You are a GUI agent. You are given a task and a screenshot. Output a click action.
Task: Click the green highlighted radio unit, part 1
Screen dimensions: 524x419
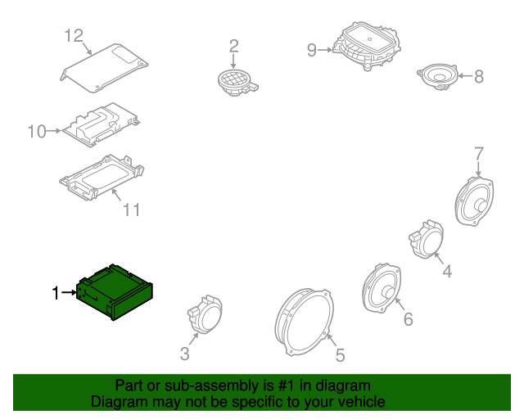[x=115, y=292]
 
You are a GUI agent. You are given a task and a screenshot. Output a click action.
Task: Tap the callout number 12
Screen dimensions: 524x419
[x=74, y=36]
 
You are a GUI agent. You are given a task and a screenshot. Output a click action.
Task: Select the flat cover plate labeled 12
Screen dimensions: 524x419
[x=104, y=68]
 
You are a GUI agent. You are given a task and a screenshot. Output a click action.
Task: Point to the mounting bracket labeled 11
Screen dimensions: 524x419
[x=102, y=178]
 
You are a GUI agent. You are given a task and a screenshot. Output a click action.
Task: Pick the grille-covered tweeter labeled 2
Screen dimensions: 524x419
[x=237, y=83]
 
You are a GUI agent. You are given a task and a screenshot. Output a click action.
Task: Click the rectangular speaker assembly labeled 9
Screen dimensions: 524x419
[x=367, y=46]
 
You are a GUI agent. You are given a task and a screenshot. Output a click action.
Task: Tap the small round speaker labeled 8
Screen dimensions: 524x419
[x=438, y=77]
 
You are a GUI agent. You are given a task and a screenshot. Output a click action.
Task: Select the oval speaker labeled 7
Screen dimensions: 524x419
[x=474, y=200]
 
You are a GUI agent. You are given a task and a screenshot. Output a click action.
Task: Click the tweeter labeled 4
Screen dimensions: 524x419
[x=427, y=239]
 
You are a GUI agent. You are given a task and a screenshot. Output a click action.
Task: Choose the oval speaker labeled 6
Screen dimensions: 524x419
[x=382, y=288]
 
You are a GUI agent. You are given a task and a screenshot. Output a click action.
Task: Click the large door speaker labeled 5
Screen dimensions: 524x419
[x=304, y=322]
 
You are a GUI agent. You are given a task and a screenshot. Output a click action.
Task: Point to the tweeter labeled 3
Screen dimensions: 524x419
[x=205, y=314]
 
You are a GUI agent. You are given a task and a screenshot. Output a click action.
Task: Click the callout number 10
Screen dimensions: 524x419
[x=37, y=132]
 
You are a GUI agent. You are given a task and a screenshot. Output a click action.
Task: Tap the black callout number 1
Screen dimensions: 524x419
[x=56, y=293]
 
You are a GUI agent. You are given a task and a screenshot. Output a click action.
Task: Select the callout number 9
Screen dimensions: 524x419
[x=311, y=50]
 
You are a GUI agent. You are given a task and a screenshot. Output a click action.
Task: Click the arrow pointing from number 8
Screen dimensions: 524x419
[x=466, y=76]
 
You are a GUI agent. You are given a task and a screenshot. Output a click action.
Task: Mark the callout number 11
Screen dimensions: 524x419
[x=131, y=209]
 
